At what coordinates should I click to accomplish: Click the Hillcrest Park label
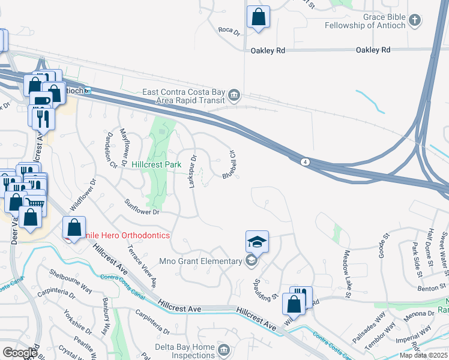[x=156, y=164]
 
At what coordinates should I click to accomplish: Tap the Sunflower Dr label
[x=143, y=208]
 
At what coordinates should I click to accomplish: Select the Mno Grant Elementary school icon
[x=252, y=260]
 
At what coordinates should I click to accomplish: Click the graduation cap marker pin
[x=257, y=242]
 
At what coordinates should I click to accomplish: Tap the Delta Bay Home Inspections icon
[x=223, y=349]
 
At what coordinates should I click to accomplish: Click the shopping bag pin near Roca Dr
[x=258, y=18]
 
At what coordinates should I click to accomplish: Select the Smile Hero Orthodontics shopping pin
[x=74, y=228]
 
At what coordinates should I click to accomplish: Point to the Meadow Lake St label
[x=347, y=274]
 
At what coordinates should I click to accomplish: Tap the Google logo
[x=20, y=353]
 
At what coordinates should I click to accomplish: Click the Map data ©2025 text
[x=424, y=355]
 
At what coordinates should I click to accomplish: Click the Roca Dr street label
[x=229, y=31]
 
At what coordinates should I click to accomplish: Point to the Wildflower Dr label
[x=83, y=196]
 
